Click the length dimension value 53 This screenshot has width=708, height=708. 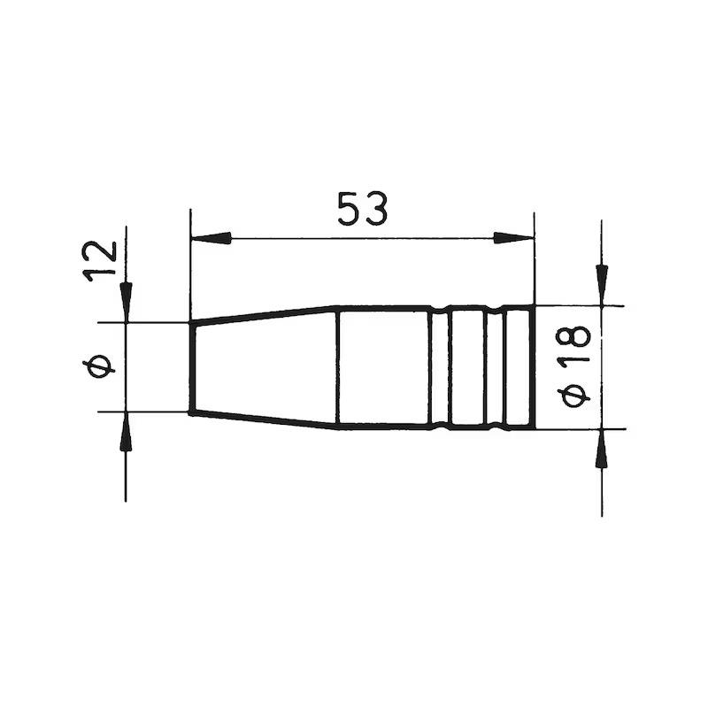click(363, 209)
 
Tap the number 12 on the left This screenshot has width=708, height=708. click(99, 261)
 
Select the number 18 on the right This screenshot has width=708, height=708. click(573, 344)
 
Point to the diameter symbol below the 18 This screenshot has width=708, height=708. click(573, 394)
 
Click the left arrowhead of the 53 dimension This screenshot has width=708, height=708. click(211, 238)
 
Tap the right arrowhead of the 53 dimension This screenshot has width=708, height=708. click(513, 238)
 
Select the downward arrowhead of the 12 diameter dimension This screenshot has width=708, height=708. click(126, 303)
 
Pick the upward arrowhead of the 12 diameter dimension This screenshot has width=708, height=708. click(126, 432)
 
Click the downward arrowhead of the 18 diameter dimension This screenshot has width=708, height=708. click(602, 285)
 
